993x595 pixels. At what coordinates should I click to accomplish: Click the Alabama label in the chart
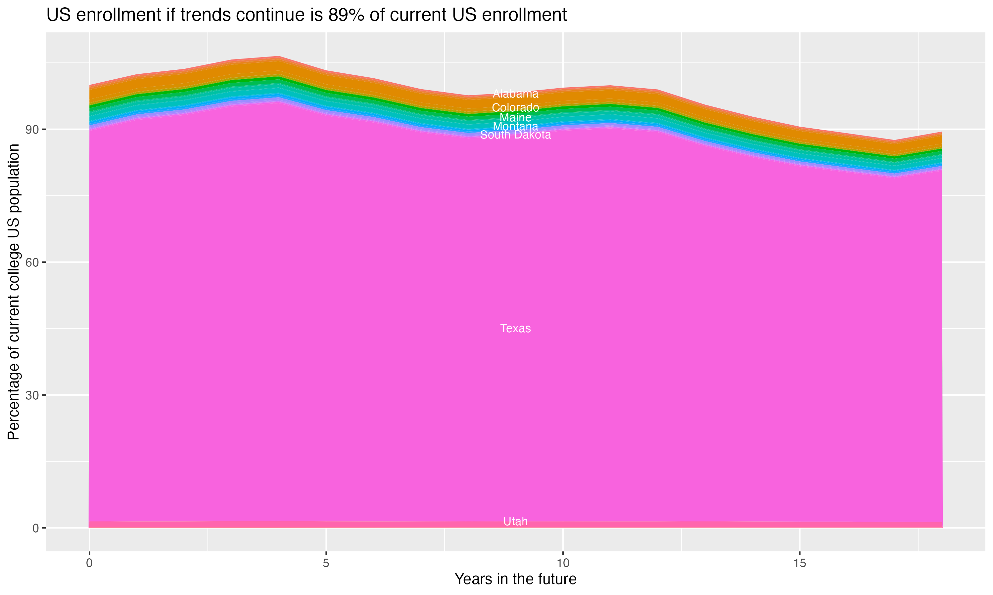tap(515, 94)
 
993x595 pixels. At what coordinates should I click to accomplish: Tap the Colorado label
tap(515, 107)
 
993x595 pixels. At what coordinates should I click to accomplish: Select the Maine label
tap(515, 117)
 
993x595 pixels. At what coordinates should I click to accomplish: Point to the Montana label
tap(515, 126)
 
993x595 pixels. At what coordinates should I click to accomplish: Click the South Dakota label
tap(515, 135)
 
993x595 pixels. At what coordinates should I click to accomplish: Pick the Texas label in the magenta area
tap(515, 328)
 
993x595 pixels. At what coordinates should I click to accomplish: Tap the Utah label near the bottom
tap(515, 521)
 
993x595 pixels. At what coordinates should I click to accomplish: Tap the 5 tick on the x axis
tap(326, 563)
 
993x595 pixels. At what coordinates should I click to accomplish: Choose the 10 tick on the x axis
tap(563, 563)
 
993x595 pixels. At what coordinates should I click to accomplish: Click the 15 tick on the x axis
tap(800, 563)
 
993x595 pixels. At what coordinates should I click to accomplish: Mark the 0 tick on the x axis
tap(89, 563)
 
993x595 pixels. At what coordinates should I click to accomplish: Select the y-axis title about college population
tap(14, 292)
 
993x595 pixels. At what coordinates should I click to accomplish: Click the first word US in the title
tap(59, 15)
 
